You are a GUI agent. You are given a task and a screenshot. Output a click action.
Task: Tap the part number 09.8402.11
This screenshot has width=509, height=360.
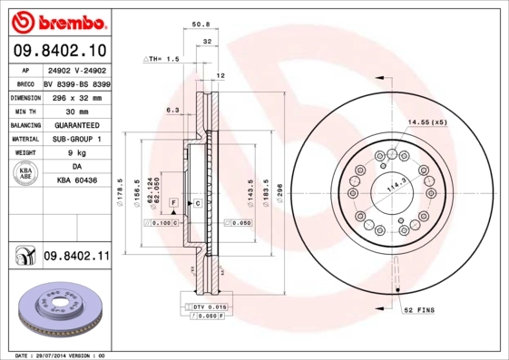tap(75, 257)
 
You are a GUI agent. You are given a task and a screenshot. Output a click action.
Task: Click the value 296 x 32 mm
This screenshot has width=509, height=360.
tap(76, 97)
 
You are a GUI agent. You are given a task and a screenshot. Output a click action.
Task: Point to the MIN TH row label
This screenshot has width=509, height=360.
tap(24, 111)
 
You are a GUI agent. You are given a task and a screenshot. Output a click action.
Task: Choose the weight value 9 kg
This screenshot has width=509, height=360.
tap(76, 153)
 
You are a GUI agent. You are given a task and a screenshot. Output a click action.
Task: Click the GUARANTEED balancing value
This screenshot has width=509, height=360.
tap(76, 125)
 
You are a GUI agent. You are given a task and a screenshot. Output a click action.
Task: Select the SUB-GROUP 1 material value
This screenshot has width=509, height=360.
tap(76, 139)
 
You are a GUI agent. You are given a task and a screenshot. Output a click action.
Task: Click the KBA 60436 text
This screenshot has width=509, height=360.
tap(76, 181)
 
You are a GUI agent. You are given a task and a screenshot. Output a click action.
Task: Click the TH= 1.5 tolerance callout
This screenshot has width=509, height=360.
tap(163, 59)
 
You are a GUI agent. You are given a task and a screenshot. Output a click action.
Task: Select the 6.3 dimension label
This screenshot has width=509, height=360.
tap(172, 111)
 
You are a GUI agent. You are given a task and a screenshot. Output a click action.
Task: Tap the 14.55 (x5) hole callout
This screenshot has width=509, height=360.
tap(426, 122)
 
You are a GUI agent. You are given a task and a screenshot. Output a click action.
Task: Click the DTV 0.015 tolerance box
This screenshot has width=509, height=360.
tap(208, 308)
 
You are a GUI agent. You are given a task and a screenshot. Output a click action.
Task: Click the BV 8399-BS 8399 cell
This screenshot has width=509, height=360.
tap(76, 83)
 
